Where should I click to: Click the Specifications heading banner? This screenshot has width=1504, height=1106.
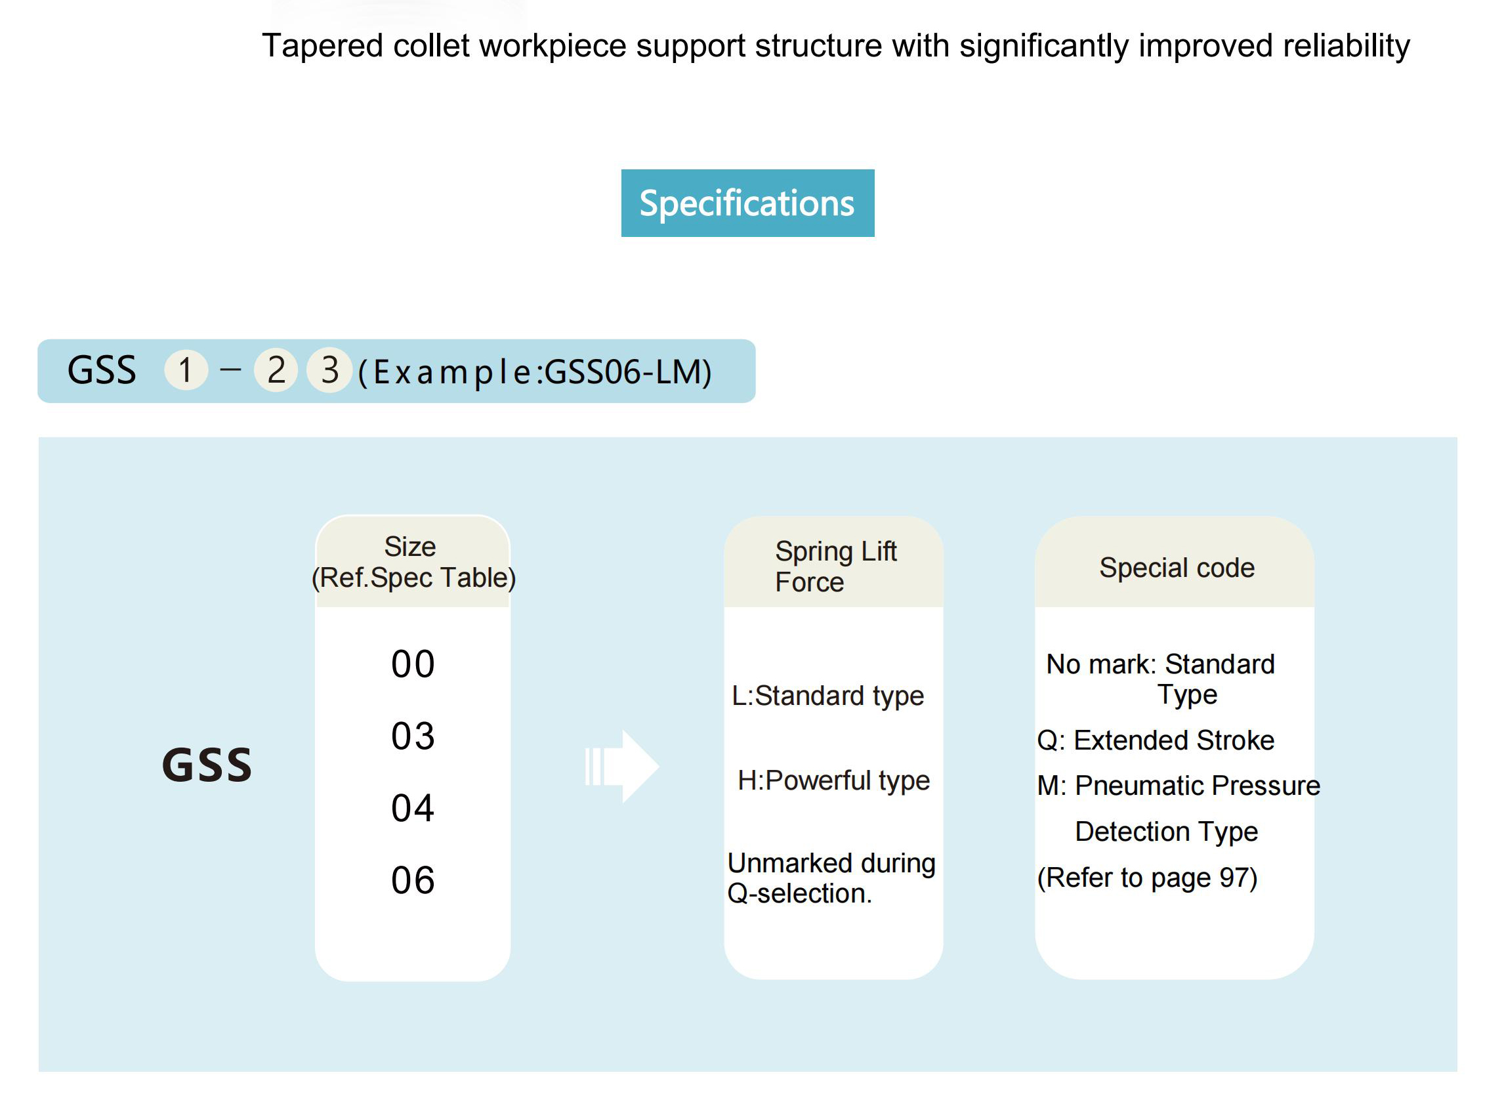coord(747,203)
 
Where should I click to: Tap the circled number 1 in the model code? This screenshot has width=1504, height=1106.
coord(186,370)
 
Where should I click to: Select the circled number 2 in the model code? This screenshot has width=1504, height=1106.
coord(276,370)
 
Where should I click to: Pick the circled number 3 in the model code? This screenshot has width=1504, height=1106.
coord(329,370)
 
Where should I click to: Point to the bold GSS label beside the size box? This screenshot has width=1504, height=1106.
coord(207,765)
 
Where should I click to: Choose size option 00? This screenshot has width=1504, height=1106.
coord(413,664)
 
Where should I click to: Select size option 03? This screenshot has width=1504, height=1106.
coord(413,736)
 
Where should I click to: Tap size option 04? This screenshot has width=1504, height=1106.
coord(413,808)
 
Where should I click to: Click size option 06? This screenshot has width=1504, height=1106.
coord(413,880)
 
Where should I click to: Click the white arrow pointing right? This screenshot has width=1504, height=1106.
coord(622,766)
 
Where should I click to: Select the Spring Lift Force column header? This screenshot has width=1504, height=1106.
coord(835,566)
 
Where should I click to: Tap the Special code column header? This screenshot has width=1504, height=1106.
coord(1177,568)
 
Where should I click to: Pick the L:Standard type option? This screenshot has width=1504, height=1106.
coord(827,696)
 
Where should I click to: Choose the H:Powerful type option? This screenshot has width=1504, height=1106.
coord(833,780)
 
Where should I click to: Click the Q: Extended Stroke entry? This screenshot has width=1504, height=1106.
coord(1156,740)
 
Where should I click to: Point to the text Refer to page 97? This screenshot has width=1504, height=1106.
coord(1147,878)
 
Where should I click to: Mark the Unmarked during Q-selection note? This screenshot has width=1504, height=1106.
coord(831,878)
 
